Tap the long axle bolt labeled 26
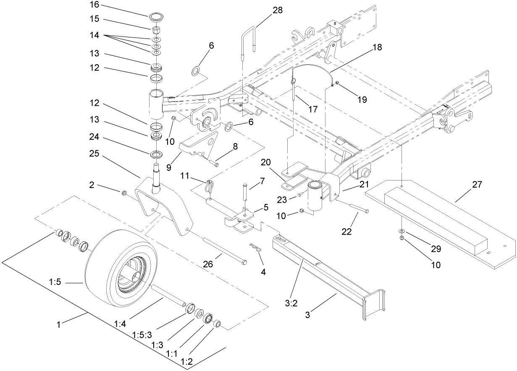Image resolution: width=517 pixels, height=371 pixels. click(x=223, y=251)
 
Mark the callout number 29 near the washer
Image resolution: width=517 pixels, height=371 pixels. click(x=436, y=248)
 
